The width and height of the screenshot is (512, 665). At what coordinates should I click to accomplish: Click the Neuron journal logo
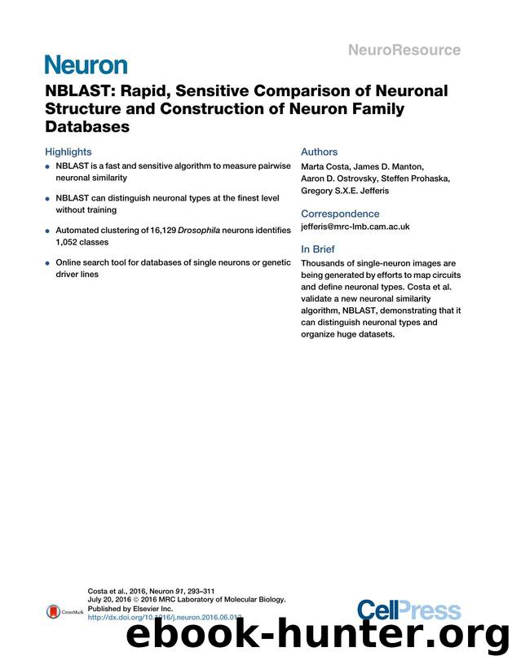pos(86,64)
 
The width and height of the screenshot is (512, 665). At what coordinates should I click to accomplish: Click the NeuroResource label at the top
pos(405,50)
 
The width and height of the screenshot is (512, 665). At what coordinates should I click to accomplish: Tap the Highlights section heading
pos(68,152)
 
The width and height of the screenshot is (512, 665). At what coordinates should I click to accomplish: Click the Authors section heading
pos(319,152)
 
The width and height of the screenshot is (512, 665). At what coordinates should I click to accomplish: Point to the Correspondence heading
pos(340,214)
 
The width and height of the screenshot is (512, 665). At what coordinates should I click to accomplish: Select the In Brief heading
pos(317,249)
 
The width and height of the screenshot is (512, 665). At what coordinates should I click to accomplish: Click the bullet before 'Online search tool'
pos(48,264)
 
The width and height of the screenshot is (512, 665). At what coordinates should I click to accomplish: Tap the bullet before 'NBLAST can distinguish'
pos(48,199)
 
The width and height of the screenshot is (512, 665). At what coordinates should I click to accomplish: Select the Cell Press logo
pos(408,610)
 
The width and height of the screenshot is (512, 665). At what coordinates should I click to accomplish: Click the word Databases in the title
pos(87,127)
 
